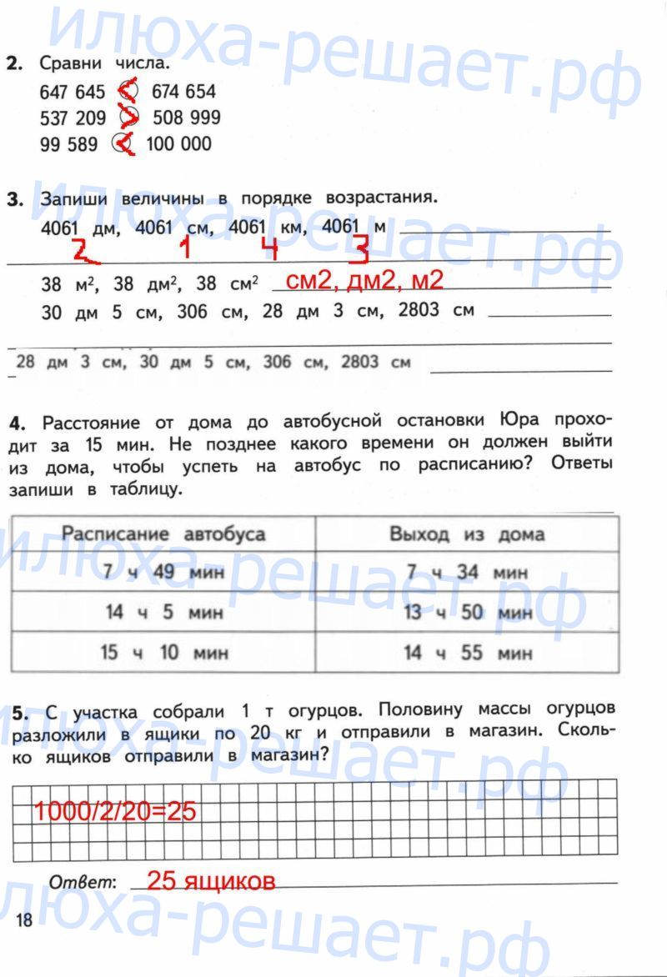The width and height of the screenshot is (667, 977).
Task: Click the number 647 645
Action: pos(73,91)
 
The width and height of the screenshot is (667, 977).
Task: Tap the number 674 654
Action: pos(183,91)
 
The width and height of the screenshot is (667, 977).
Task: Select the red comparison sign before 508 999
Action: pos(129,118)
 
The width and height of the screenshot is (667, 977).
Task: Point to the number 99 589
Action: pos(68,143)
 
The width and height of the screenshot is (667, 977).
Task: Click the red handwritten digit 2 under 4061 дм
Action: pos(81,249)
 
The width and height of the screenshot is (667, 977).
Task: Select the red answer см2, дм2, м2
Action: pos(364,281)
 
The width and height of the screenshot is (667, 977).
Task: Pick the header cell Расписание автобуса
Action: pos(163,534)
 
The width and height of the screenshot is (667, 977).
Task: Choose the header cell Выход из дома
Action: pos(467,534)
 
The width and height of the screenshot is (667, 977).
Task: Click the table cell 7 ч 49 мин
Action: pos(163,572)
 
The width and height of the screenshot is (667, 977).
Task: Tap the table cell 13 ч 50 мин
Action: pos(467,613)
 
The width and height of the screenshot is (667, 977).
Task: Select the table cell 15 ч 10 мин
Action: pos(163,653)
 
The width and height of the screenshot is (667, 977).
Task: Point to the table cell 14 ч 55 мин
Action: pos(467,653)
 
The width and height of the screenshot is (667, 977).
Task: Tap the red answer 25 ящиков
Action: pos(210,880)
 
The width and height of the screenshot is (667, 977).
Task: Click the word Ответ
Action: pos(83,882)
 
